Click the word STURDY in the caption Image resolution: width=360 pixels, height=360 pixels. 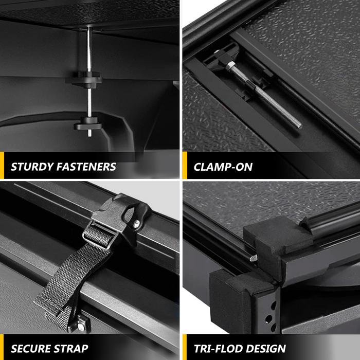click(x=32, y=167)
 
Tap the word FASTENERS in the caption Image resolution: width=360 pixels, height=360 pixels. click(x=86, y=167)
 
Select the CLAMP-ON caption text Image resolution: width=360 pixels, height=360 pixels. click(x=223, y=167)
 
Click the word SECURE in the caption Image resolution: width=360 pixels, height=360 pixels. click(x=31, y=349)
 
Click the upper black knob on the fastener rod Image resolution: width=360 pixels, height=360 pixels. click(x=84, y=79)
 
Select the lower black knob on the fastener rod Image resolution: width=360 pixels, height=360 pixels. click(x=88, y=124)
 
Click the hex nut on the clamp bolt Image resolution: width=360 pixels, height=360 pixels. click(x=230, y=66)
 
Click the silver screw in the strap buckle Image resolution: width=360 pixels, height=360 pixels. click(x=136, y=223)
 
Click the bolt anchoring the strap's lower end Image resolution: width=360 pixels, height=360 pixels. click(x=81, y=327)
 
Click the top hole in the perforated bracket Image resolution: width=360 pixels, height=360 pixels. click(x=274, y=305)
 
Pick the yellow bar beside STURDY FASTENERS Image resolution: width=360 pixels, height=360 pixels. click(x=2, y=165)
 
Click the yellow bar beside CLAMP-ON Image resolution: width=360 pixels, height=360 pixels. click(x=185, y=165)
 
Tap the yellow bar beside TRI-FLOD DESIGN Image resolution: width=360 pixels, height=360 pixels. click(x=185, y=347)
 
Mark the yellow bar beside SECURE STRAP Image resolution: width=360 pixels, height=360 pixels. click(x=2, y=347)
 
